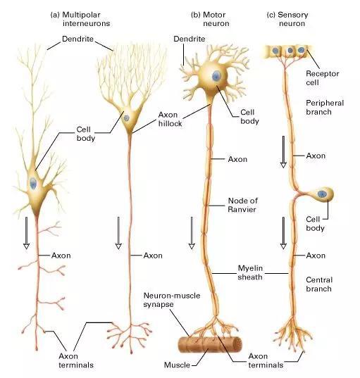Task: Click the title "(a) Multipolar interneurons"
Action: tap(80, 19)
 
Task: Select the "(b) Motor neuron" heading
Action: tap(210, 19)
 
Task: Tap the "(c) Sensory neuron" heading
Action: tap(287, 19)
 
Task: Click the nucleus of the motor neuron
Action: tap(216, 76)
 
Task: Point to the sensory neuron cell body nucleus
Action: tap(322, 194)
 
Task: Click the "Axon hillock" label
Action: tap(170, 119)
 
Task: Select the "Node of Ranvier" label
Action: tap(242, 205)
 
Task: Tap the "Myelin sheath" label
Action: tap(250, 272)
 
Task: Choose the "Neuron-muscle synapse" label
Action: tap(172, 300)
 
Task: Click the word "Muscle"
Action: tap(177, 365)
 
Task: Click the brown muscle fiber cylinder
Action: tap(210, 344)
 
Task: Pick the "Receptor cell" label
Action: tap(323, 78)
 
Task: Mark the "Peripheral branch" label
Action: tap(325, 107)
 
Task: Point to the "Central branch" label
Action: tap(319, 284)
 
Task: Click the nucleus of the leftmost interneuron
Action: tap(33, 184)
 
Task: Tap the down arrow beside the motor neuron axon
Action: tap(192, 233)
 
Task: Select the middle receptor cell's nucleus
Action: tap(290, 51)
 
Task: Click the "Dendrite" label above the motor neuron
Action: tap(190, 39)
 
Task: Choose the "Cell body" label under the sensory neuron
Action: tap(315, 223)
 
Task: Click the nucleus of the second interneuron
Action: tap(126, 118)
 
